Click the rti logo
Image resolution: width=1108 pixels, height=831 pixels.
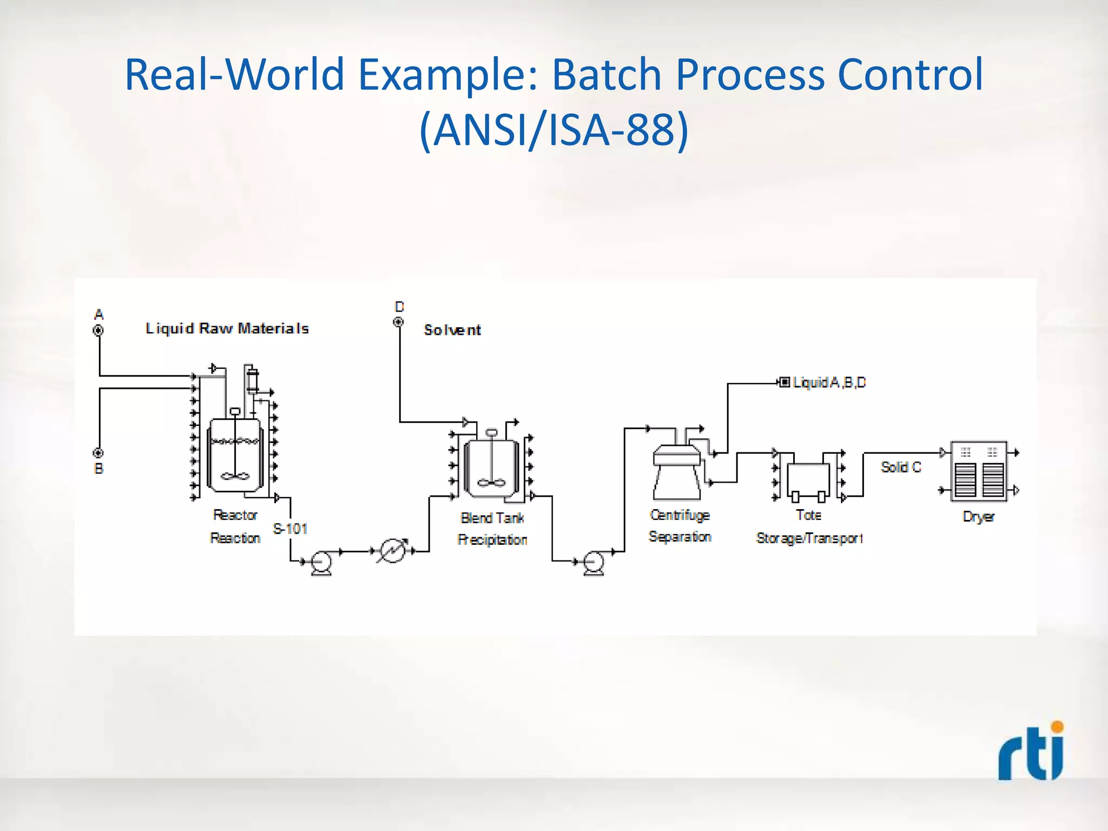click(x=1031, y=753)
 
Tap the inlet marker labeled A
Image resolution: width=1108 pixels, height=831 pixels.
click(x=98, y=330)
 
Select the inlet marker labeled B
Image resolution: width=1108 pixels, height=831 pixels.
click(x=98, y=453)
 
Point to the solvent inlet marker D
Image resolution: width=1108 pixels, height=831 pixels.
click(x=398, y=322)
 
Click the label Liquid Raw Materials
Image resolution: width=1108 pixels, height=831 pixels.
click(x=227, y=328)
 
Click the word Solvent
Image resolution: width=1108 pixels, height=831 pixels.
click(x=452, y=330)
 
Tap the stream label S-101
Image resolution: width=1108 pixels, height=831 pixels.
click(x=290, y=529)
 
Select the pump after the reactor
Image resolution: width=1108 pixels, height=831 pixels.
click(x=321, y=563)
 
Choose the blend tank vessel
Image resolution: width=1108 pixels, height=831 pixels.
click(x=491, y=467)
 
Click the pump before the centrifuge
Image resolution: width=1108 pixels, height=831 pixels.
click(x=593, y=563)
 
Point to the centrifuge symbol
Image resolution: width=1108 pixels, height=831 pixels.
click(x=677, y=471)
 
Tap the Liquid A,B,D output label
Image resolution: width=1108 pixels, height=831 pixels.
click(x=829, y=382)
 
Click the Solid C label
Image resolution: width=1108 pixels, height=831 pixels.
click(x=901, y=467)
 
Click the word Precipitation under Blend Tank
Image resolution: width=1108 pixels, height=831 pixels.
click(x=492, y=539)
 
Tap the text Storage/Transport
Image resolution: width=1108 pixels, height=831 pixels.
click(x=809, y=538)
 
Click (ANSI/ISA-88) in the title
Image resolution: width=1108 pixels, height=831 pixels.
click(x=554, y=130)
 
